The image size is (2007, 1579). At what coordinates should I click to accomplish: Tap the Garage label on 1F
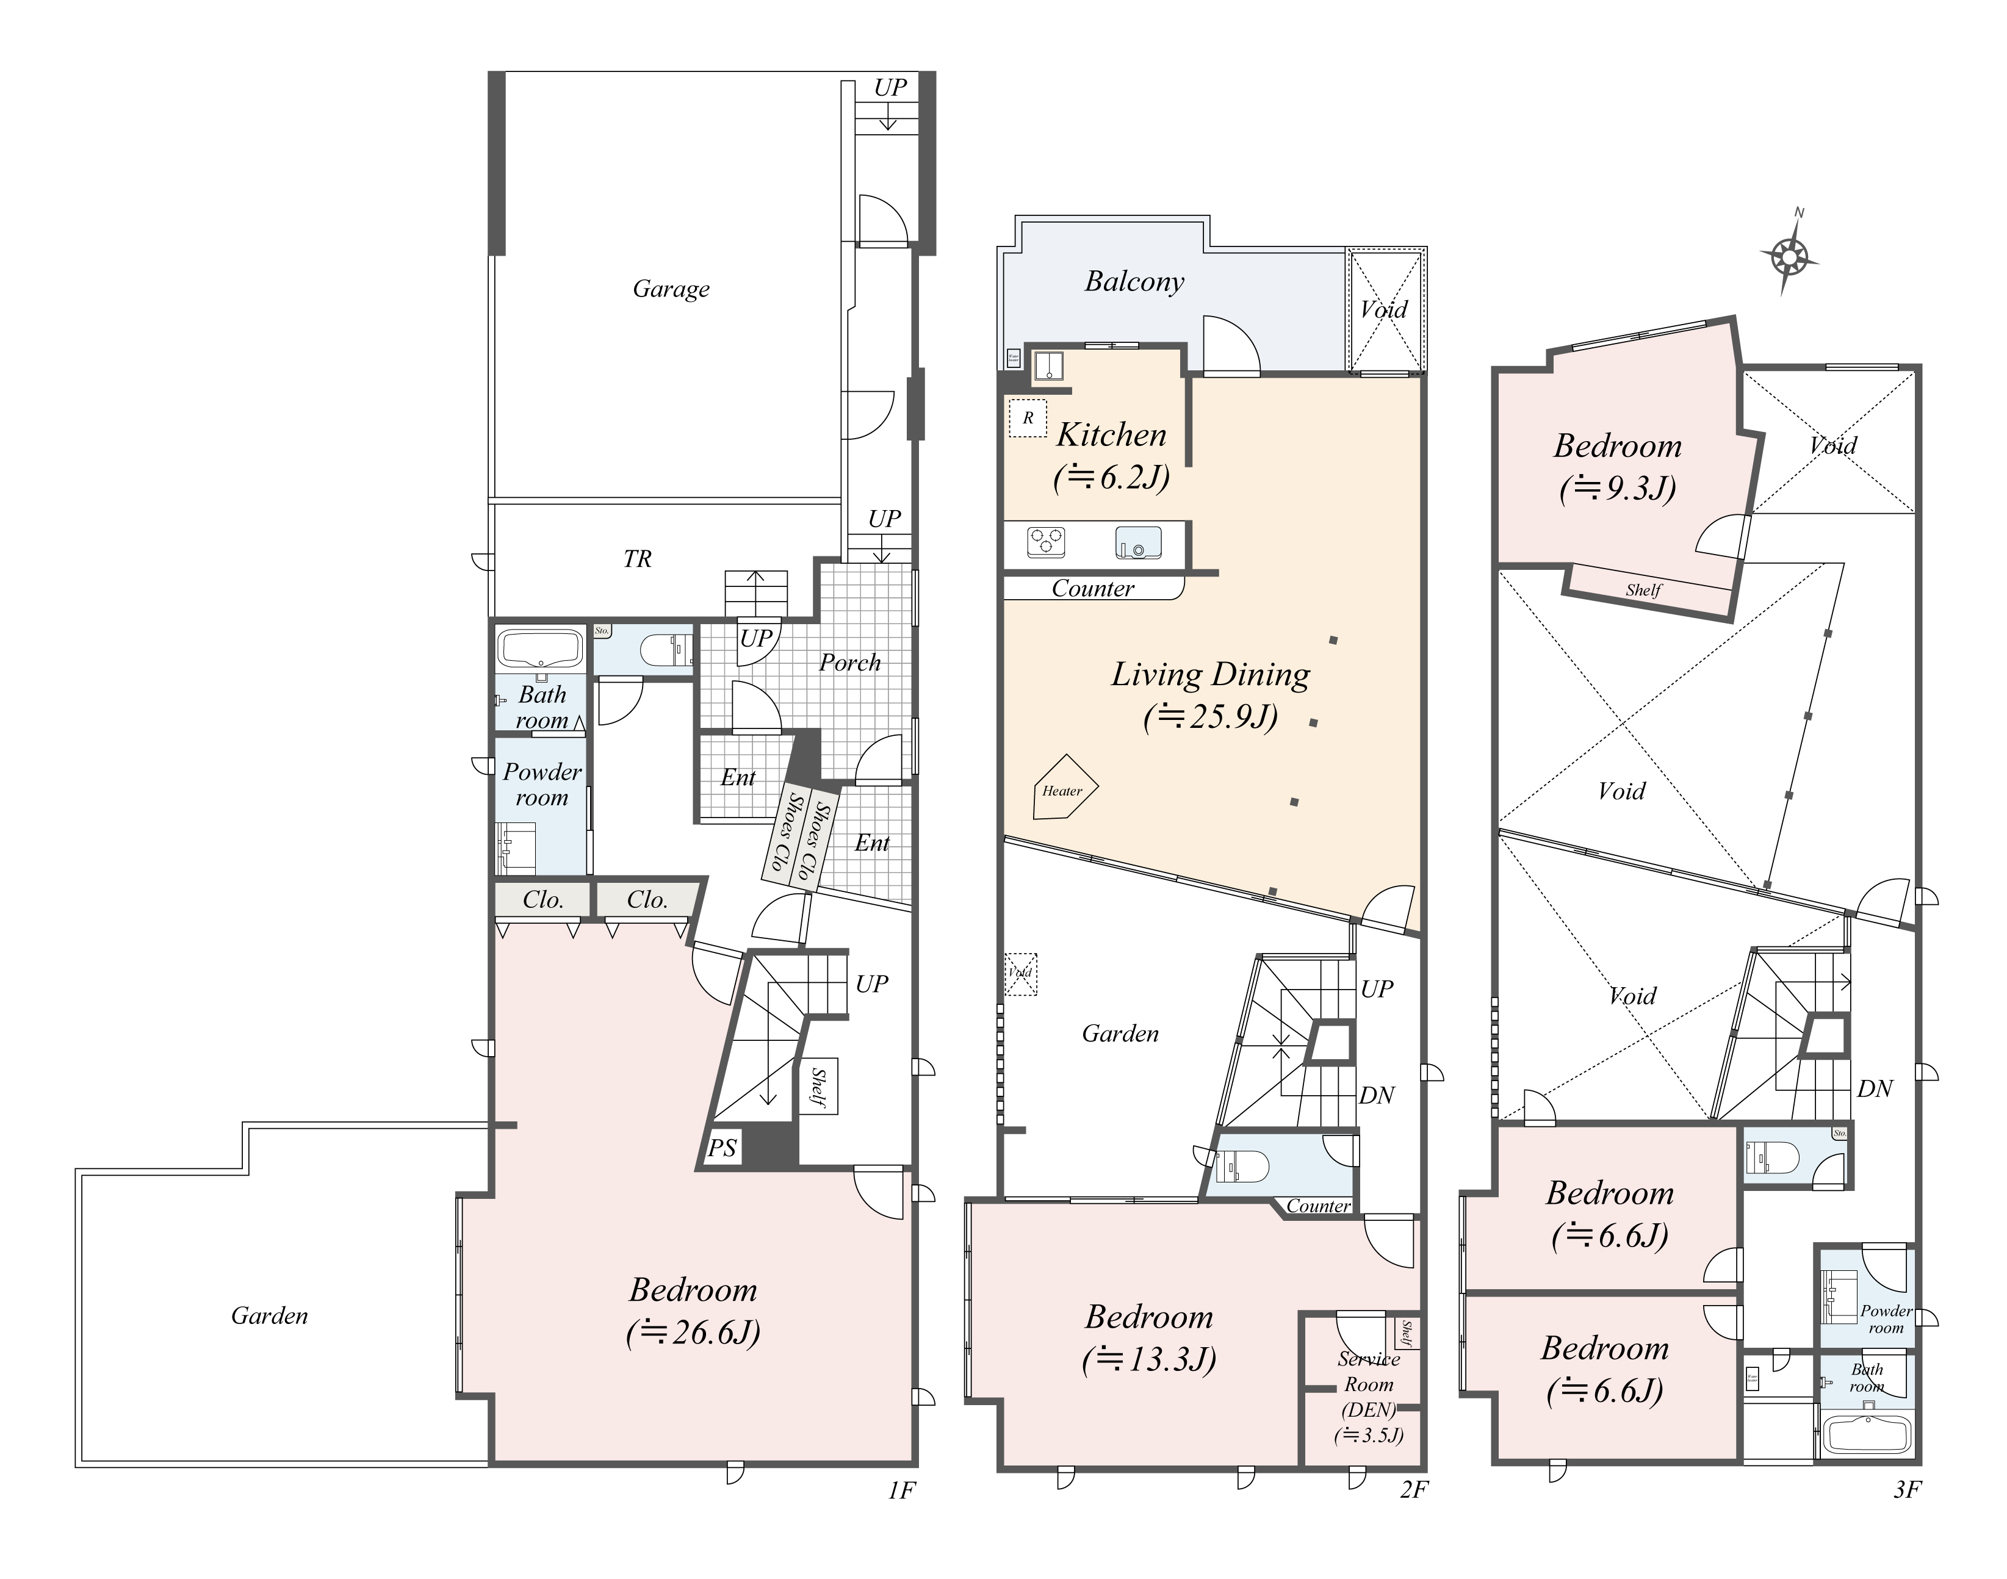click(x=671, y=289)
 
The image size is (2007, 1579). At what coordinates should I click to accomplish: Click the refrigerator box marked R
click(x=1027, y=418)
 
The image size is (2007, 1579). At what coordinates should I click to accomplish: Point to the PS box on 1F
click(x=722, y=1148)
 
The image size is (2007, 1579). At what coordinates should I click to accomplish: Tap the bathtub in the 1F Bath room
click(x=541, y=648)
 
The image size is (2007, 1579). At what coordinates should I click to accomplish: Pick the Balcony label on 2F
click(x=1134, y=282)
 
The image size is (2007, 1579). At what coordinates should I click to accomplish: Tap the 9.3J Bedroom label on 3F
click(x=1617, y=467)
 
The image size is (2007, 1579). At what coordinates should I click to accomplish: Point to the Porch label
click(x=849, y=663)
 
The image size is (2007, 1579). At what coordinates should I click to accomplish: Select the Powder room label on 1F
click(x=542, y=785)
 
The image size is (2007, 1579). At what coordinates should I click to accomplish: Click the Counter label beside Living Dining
click(x=1093, y=589)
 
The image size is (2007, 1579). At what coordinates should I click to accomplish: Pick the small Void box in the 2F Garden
click(x=1021, y=974)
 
